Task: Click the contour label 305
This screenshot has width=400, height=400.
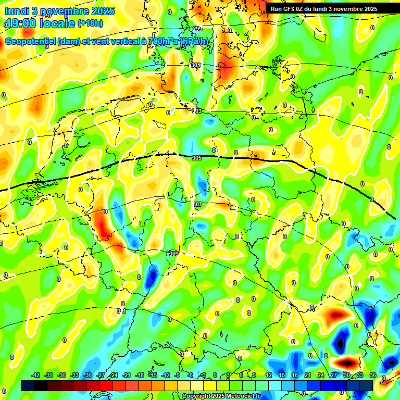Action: coord(196,157)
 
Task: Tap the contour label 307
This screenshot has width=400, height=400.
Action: coord(197,204)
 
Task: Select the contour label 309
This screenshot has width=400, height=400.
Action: coord(173,253)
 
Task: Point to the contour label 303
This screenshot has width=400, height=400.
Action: coord(197,111)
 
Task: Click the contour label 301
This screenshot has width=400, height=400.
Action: coord(195,65)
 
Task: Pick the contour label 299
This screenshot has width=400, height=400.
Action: coord(197,29)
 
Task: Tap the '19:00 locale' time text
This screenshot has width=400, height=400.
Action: coord(40,23)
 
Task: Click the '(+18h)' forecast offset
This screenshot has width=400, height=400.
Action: coord(90,23)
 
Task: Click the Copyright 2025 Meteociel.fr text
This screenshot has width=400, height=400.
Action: coord(221,396)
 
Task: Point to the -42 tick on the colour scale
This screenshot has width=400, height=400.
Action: coord(36,375)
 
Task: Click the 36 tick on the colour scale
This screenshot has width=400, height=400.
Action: coord(372,375)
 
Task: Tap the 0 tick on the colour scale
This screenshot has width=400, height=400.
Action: coord(215,375)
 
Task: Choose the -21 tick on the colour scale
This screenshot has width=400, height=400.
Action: coord(127,375)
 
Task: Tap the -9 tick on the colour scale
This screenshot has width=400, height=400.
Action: coord(177,375)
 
